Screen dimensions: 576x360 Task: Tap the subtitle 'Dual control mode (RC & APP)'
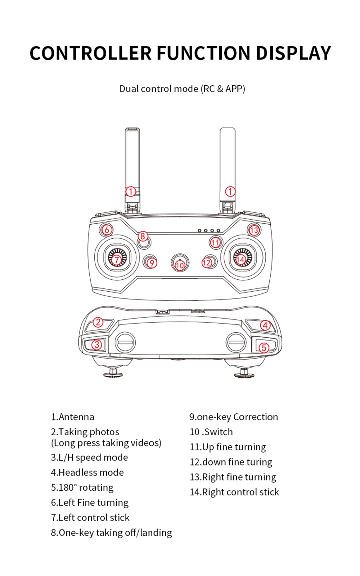182,89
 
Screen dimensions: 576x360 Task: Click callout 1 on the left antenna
131,192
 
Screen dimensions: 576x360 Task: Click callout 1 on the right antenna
230,192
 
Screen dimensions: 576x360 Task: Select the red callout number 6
107,229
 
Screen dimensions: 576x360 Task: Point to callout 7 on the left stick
116,260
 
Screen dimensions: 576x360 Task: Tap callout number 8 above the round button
143,236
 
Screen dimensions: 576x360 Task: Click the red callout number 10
180,266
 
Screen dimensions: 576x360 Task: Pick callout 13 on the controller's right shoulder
254,230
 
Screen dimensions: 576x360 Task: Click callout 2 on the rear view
98,322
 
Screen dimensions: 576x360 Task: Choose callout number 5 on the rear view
264,347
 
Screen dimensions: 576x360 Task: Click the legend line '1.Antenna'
72,417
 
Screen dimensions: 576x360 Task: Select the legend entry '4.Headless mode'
87,472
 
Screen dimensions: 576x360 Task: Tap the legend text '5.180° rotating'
82,487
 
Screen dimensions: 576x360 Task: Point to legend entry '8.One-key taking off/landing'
111,532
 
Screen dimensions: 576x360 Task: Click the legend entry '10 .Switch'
211,432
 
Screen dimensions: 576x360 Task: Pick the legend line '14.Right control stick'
234,492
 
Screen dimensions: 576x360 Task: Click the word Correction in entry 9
256,417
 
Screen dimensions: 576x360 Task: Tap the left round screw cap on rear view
125,342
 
